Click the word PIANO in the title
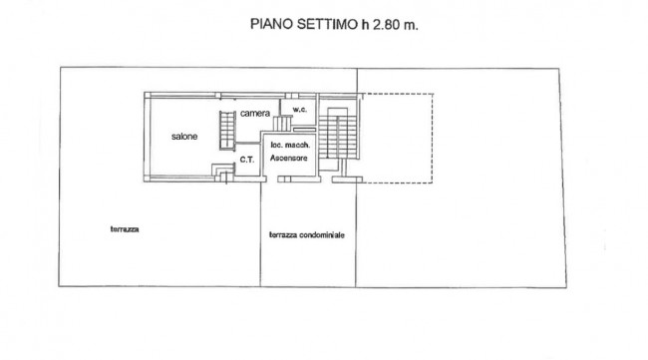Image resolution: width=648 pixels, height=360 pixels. click(x=271, y=24)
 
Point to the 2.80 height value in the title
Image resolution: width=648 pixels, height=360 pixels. click(x=387, y=24)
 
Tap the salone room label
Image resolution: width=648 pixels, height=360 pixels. click(x=184, y=136)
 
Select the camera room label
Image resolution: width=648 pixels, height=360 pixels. click(x=255, y=113)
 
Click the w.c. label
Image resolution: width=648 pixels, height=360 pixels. click(x=300, y=109)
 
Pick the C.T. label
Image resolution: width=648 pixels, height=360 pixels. click(x=247, y=160)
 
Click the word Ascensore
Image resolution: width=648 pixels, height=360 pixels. click(x=289, y=158)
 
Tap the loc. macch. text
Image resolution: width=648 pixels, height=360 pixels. click(x=290, y=145)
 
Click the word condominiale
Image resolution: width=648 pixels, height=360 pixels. click(x=322, y=234)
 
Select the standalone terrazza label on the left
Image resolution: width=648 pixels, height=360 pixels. click(x=125, y=229)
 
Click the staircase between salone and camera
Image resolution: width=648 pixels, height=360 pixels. click(x=227, y=131)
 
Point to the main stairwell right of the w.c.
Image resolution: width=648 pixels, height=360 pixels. click(x=338, y=133)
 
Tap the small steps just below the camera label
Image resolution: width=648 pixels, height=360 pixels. click(x=282, y=124)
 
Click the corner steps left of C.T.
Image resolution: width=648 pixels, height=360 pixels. click(x=223, y=172)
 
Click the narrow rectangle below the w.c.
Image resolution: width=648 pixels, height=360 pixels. click(x=305, y=130)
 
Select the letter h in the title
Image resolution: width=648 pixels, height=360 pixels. click(x=365, y=24)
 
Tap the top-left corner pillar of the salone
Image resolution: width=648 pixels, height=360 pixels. click(x=148, y=95)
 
